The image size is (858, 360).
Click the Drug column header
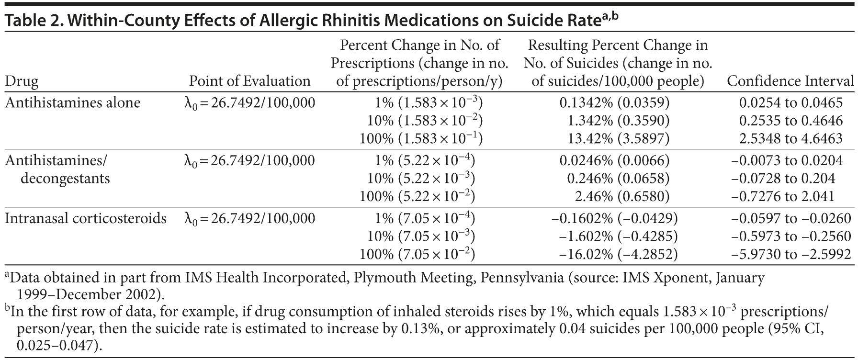pyautogui.click(x=22, y=81)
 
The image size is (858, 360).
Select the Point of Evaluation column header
pyautogui.click(x=249, y=81)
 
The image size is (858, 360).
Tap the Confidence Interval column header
pyautogui.click(x=790, y=81)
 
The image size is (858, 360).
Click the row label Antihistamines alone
pyautogui.click(x=72, y=103)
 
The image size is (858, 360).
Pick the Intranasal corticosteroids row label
pyautogui.click(x=86, y=219)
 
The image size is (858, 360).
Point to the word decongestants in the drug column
pyautogui.click(x=65, y=179)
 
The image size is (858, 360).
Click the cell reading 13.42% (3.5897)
pyautogui.click(x=625, y=139)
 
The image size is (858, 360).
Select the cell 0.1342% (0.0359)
pyautogui.click(x=614, y=103)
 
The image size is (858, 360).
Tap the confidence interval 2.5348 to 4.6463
pyautogui.click(x=790, y=139)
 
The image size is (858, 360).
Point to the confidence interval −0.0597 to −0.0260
pyautogui.click(x=791, y=219)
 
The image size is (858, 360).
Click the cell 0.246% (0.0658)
pyautogui.click(x=618, y=179)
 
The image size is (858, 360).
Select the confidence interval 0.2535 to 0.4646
pyautogui.click(x=790, y=121)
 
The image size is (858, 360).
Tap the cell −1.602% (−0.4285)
pyautogui.click(x=618, y=236)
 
